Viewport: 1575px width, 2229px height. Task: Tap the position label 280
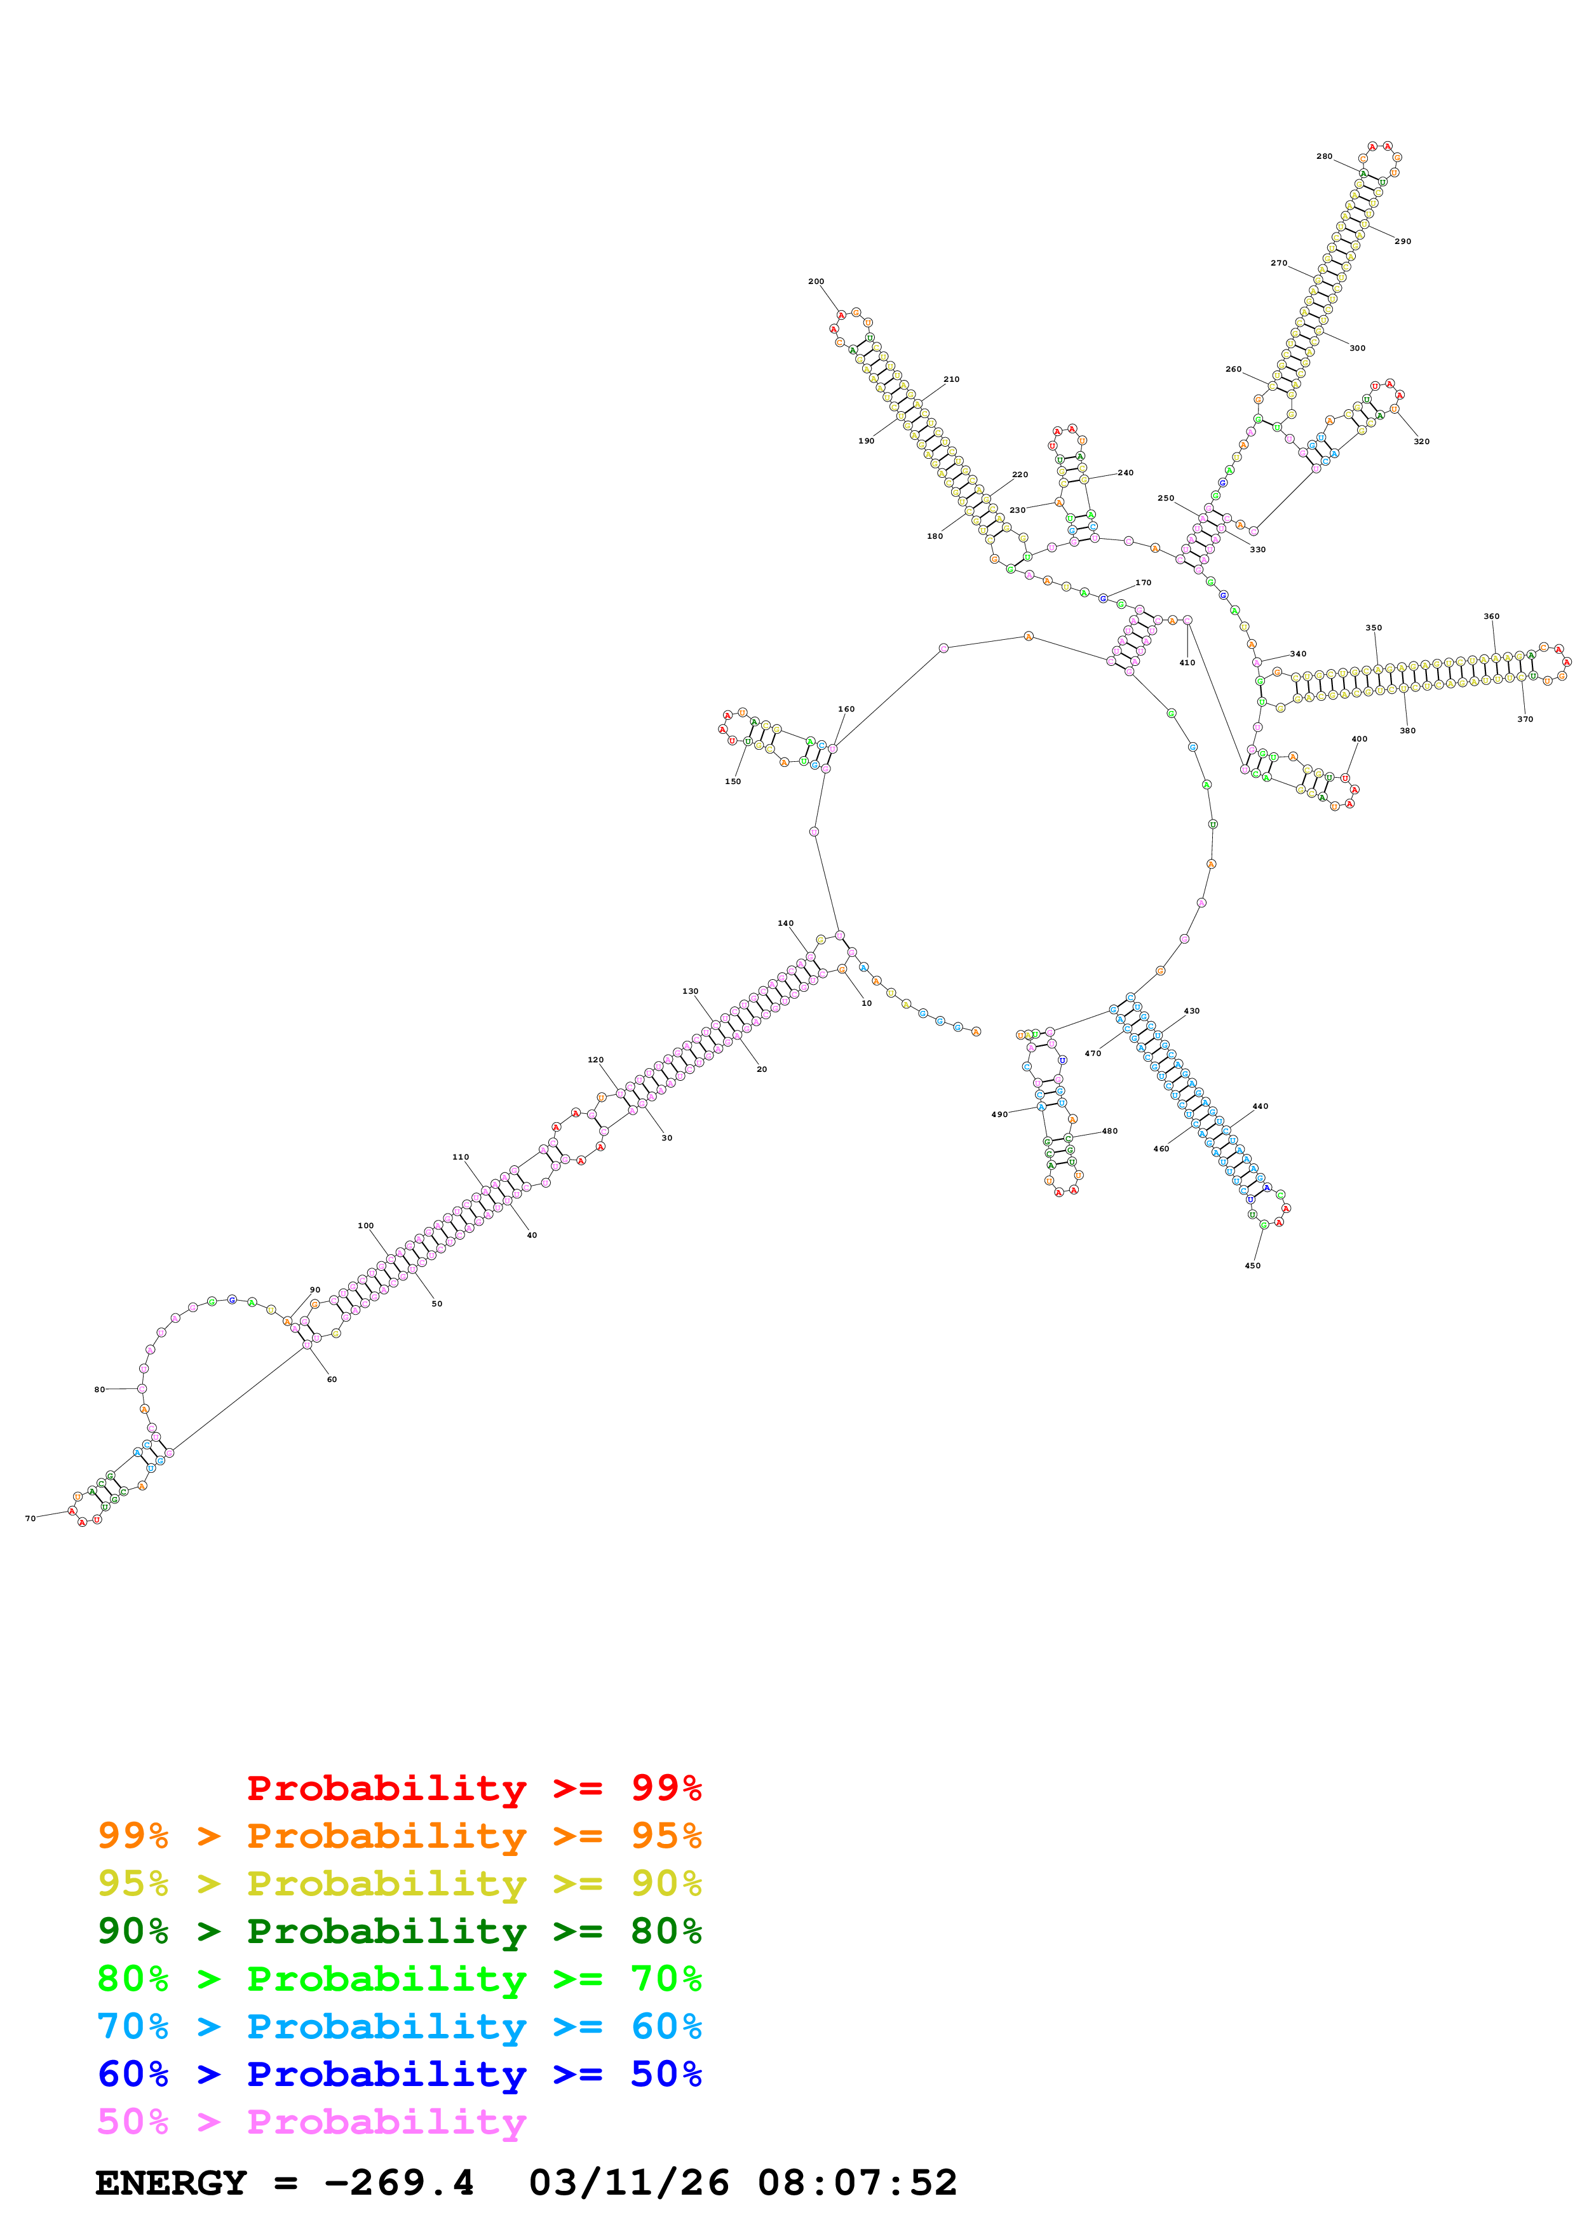1323,156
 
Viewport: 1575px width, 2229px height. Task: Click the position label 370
1525,719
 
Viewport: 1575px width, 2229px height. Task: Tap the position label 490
999,1114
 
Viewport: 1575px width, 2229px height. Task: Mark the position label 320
1421,442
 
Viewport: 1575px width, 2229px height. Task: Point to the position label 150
733,782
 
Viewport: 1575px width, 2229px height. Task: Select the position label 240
1125,473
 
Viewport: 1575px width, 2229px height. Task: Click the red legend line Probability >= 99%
473,1788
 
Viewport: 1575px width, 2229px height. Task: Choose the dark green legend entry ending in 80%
399,1931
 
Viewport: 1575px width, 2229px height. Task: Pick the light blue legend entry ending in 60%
399,2026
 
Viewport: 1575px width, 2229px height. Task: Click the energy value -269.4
399,2183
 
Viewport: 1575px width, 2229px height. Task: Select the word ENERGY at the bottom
171,2183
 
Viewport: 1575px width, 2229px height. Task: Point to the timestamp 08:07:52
857,2183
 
